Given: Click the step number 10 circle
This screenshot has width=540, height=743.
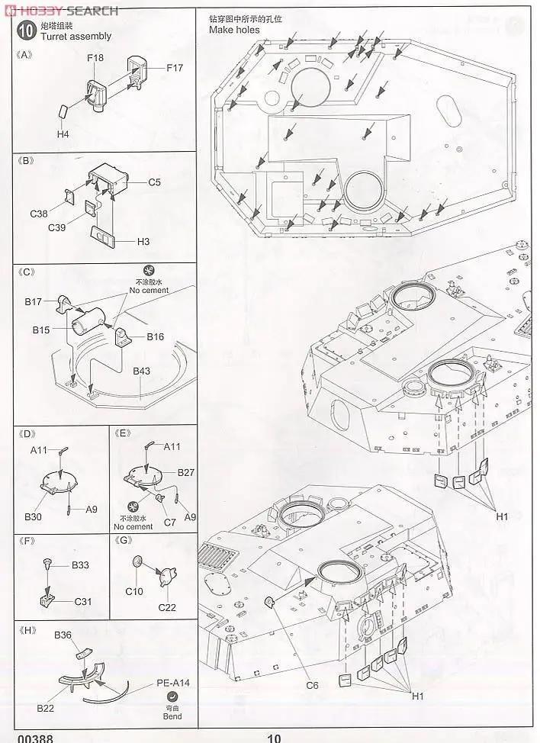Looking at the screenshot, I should pos(26,31).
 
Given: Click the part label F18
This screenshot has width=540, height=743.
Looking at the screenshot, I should pos(95,58).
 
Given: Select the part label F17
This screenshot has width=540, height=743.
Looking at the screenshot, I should pos(175,69).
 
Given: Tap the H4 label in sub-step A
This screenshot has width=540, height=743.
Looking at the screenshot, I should pos(63,134).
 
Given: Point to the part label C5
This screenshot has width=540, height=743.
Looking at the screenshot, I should pos(155,182).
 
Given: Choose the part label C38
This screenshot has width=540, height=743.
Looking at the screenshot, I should pos(39,214).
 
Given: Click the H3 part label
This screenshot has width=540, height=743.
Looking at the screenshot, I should pos(143,242).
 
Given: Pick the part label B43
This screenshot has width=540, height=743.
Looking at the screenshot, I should pos(143,371).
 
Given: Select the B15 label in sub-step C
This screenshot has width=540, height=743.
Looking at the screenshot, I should pos(41,330).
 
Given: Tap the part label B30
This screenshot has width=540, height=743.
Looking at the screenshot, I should pos(33,516).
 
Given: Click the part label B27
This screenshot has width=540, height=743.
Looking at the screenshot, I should pos(186,473).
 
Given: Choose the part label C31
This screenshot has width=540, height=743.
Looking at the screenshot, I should pos(84,601).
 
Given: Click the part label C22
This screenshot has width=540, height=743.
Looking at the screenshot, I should pos(168,606).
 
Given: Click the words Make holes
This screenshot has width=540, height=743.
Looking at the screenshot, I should pos(234,30).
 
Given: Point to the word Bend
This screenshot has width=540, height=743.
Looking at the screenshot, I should pos(173,716).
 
